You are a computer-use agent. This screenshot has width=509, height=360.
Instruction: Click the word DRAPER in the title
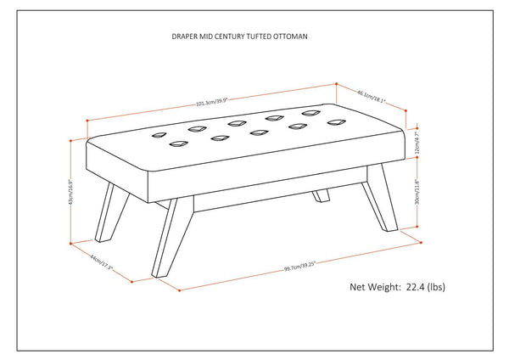[184, 37]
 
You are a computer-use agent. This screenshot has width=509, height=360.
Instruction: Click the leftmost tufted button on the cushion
[158, 134]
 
